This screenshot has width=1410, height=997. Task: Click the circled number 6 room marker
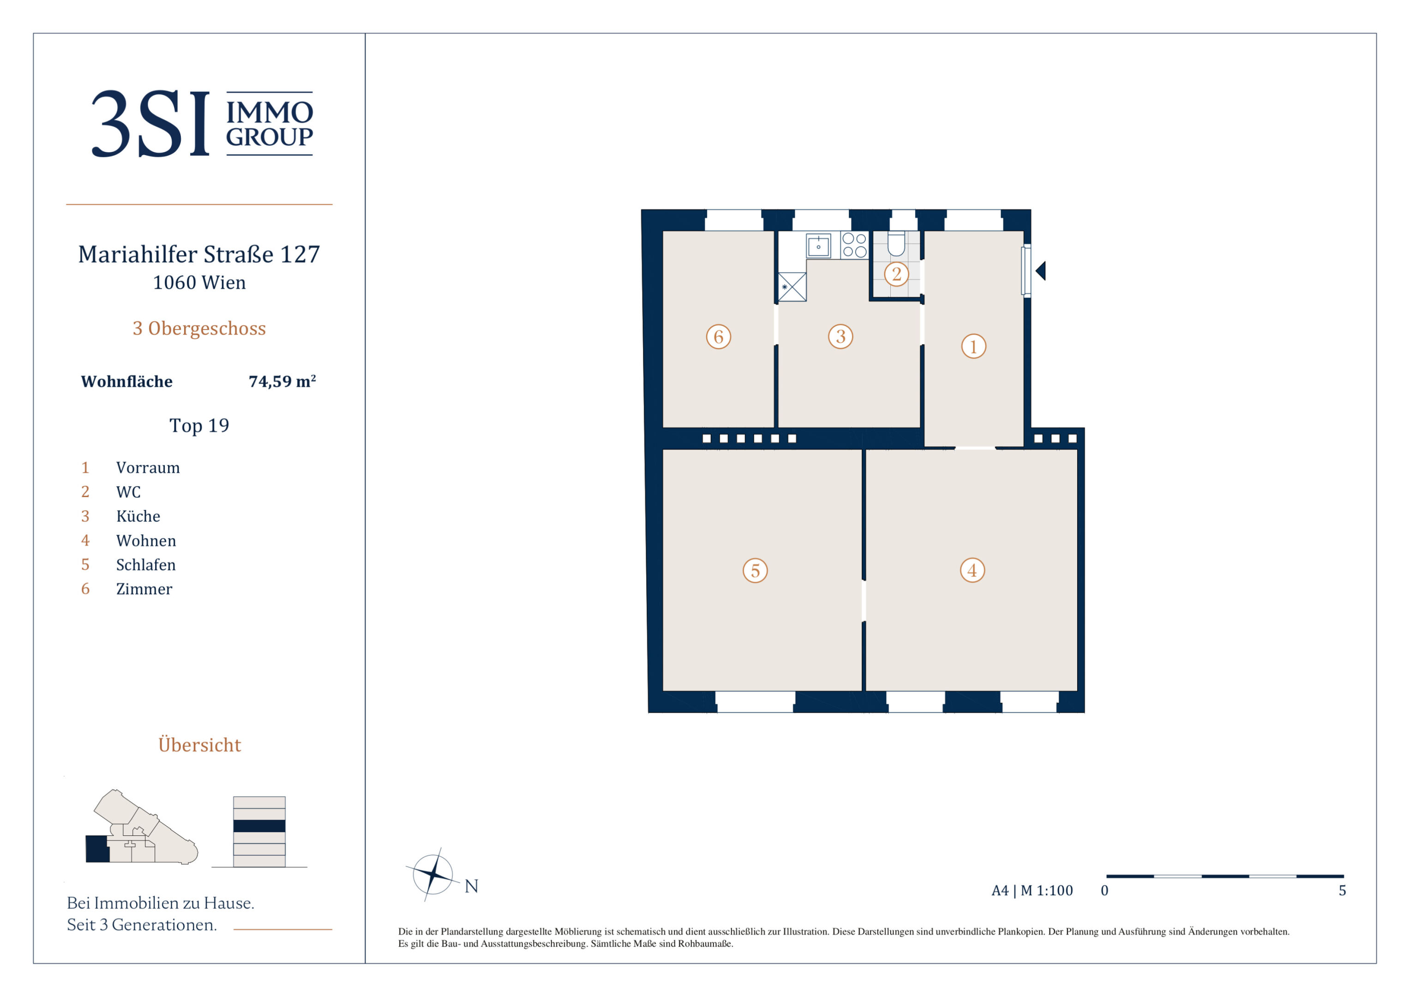(x=719, y=336)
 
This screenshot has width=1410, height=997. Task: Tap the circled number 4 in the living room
(x=972, y=570)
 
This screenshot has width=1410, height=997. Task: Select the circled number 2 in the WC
(x=897, y=274)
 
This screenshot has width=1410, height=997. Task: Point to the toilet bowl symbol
(x=896, y=244)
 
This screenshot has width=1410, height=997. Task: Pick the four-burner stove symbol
(x=854, y=245)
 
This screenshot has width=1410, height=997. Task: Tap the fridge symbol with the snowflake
(x=792, y=287)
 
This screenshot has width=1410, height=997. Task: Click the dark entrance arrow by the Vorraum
(x=1040, y=270)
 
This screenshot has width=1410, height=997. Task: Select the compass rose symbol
(x=433, y=874)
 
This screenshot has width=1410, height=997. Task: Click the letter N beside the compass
(x=471, y=886)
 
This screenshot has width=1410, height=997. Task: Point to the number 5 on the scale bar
(x=1343, y=891)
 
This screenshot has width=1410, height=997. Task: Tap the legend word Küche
(x=138, y=516)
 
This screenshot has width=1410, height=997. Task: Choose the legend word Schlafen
(x=145, y=565)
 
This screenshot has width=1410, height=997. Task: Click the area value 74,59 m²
(x=282, y=381)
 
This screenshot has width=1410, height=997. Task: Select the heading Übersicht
(x=199, y=745)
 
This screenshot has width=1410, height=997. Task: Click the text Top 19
(x=199, y=425)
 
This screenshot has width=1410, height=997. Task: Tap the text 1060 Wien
(x=199, y=282)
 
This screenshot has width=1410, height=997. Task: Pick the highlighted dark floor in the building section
(x=259, y=826)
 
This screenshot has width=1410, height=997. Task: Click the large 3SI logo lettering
(x=151, y=124)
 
